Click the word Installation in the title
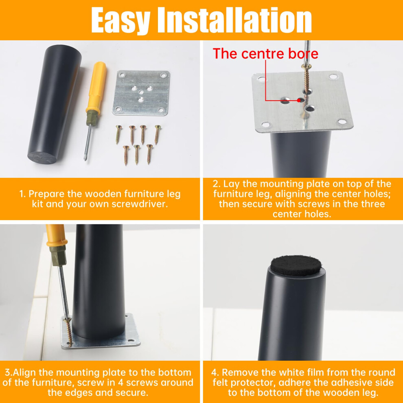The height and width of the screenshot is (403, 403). tap(234, 20)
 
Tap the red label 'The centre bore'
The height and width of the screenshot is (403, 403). tap(265, 53)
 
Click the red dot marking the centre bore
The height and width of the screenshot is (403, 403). tap(299, 100)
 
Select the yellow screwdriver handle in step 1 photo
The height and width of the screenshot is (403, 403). tap(96, 87)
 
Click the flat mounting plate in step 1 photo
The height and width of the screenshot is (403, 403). tap(141, 93)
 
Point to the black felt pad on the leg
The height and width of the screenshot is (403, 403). tap(296, 265)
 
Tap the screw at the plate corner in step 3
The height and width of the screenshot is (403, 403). tap(69, 332)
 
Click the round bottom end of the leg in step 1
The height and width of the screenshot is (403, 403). tap(42, 158)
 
